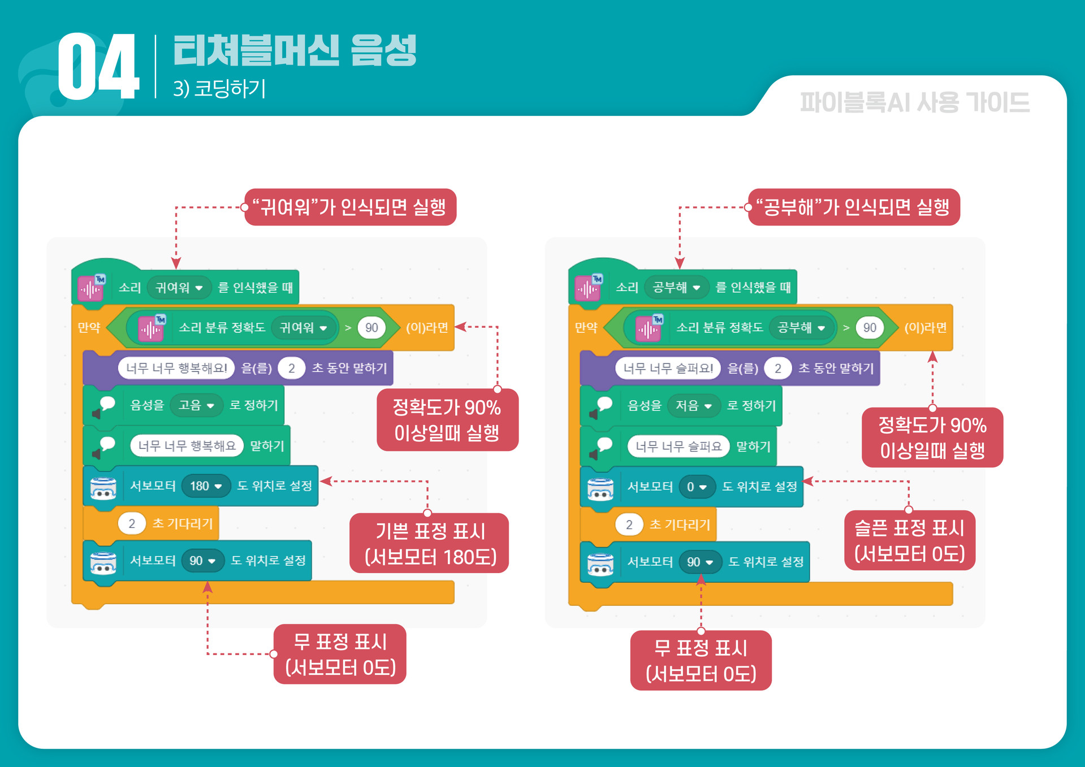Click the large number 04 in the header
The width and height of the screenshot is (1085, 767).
(98, 67)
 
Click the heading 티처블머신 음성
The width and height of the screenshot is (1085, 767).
(295, 50)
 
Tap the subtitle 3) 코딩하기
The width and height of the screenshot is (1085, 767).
(219, 89)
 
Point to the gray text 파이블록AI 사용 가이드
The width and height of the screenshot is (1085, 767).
(914, 103)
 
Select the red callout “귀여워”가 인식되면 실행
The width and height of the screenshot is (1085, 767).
(350, 207)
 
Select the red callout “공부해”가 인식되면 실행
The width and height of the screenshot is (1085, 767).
(853, 207)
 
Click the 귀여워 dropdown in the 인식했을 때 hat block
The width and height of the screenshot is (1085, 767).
(179, 288)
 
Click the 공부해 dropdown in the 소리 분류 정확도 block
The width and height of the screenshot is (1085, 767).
(802, 328)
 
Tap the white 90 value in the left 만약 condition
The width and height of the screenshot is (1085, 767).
(371, 328)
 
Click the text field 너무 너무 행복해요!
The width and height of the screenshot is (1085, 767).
(176, 369)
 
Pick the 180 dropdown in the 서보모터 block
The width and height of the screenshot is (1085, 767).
(206, 486)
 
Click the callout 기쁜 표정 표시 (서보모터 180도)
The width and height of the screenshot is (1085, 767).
(430, 544)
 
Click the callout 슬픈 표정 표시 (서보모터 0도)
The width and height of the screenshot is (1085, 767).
(909, 541)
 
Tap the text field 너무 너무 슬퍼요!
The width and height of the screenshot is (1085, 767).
(668, 369)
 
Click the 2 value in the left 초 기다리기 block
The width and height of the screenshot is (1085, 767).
(132, 523)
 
